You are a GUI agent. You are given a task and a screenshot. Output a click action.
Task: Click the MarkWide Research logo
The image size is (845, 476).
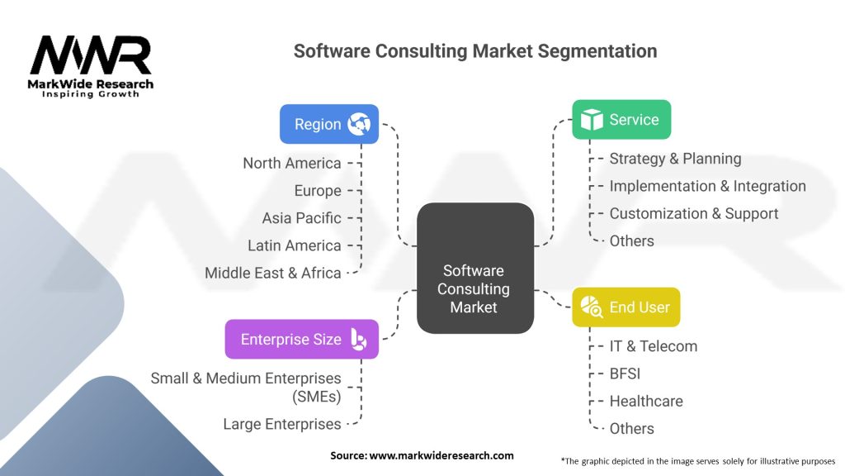tap(91, 66)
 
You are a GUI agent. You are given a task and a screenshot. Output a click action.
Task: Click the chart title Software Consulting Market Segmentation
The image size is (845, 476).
tap(475, 51)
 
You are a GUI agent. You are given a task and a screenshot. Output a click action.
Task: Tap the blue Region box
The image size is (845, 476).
tap(328, 124)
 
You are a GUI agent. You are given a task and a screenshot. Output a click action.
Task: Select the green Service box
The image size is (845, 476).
tap(621, 120)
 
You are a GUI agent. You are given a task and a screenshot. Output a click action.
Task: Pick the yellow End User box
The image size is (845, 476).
tap(625, 307)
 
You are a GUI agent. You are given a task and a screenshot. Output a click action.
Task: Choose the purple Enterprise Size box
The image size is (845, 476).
tap(301, 339)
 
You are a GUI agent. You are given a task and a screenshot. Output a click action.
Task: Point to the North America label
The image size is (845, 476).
tap(291, 163)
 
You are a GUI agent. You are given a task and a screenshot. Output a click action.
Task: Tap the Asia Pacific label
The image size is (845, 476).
tap(301, 218)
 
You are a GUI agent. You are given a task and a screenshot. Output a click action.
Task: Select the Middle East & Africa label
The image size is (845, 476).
tap(272, 273)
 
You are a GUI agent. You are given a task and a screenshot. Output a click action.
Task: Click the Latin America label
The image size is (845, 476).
tap(294, 245)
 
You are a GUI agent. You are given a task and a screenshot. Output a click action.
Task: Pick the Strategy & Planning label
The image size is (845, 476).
tap(675, 159)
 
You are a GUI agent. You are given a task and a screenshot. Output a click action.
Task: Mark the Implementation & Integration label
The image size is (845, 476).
tap(707, 186)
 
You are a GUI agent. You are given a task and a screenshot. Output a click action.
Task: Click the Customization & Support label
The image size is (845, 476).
tap(693, 213)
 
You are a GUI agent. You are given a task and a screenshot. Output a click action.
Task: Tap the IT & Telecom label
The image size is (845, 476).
tap(653, 346)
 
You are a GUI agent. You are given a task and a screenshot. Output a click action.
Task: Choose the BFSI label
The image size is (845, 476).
tap(625, 374)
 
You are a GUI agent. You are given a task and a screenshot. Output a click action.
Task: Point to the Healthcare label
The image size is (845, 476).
tap(646, 401)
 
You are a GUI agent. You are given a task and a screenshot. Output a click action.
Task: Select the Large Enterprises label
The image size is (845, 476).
tap(281, 424)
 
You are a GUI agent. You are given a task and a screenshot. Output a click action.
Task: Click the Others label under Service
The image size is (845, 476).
tap(631, 240)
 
